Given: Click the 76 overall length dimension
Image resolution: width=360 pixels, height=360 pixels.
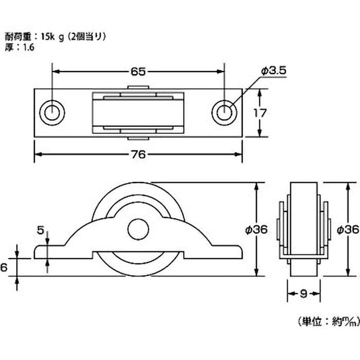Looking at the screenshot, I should tap(139, 154).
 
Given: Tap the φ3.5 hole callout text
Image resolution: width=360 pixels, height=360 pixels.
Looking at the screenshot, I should tap(274, 71).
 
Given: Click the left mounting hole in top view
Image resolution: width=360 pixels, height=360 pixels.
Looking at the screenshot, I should tap(51, 112).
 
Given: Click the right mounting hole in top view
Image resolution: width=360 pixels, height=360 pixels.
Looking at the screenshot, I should tap(224, 112).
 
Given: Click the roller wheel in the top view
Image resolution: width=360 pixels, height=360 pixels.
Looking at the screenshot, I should tap(138, 113).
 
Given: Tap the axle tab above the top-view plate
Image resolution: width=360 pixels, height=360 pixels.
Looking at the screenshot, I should tap(138, 88).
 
